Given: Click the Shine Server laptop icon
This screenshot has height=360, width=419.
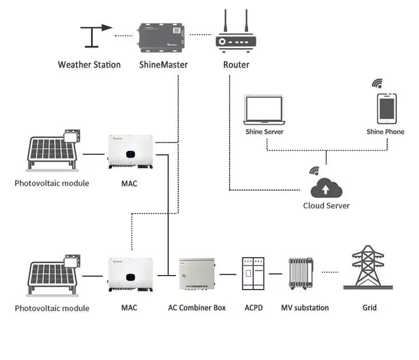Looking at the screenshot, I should pos(265,110).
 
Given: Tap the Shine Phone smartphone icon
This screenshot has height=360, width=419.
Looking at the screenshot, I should pos(387,108).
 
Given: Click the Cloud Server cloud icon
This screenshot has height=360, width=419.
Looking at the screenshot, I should pos(326,188).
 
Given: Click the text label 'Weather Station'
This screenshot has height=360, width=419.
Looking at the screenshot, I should pos(89,65).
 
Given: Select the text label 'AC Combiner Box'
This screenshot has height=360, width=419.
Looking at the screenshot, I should pos(197,307).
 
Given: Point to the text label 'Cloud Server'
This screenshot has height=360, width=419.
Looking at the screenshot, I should pos(326,206).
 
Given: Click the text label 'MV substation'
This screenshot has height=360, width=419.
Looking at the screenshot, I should pos(304,307).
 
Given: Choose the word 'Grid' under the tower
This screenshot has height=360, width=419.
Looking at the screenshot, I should pos(369,307).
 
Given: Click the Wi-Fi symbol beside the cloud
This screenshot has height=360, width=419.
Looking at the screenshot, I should pos(315,170).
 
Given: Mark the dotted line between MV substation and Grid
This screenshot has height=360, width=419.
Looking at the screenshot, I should pos(331,273).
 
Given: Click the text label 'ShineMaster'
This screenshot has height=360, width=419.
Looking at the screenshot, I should pos(163,65).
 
